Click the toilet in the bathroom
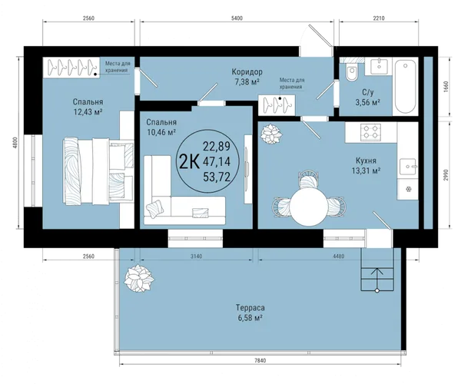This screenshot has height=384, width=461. click(352, 72)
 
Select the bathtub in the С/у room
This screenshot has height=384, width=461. click(406, 86)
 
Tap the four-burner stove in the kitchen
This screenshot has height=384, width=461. click(371, 131)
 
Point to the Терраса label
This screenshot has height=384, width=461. click(250, 308)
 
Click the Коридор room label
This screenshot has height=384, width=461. click(247, 71)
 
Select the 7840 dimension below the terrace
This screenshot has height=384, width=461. click(260, 361)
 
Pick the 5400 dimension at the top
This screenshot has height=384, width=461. click(237, 18)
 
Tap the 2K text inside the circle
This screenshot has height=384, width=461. click(189, 162)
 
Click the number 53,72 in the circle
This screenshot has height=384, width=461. click(217, 177)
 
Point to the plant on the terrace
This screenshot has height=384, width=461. click(139, 278)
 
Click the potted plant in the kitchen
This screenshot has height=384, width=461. click(270, 134)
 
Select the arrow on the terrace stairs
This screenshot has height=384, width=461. click(376, 280)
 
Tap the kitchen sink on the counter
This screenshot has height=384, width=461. click(408, 167)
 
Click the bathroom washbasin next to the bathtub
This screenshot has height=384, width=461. click(380, 66)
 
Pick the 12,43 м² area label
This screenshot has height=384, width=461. click(88, 112)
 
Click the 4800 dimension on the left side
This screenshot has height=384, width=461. click(16, 142)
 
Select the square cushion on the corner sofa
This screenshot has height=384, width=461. click(154, 209)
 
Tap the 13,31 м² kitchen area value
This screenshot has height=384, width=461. click(366, 170)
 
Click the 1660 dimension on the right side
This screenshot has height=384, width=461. click(446, 87)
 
